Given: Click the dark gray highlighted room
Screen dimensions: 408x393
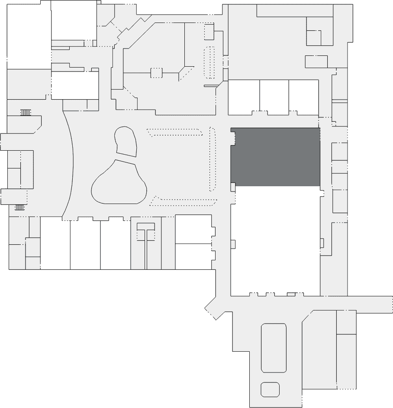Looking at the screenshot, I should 275,157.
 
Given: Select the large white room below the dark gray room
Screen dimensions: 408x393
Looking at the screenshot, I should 275,240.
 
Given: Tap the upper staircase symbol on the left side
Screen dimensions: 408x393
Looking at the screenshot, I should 26,113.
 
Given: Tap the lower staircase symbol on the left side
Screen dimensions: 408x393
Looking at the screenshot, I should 20,207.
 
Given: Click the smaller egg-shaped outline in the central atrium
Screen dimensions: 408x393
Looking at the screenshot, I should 126,141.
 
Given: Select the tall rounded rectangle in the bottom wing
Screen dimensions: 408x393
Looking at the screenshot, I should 274,348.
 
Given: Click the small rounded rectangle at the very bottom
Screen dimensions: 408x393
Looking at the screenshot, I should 270,389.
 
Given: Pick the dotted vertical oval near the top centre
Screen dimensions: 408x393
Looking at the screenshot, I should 209,62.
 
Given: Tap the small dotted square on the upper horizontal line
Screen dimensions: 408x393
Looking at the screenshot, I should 156,73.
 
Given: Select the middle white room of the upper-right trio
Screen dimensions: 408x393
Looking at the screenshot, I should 274,97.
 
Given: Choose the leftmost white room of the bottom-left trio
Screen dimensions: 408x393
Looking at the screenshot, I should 55,243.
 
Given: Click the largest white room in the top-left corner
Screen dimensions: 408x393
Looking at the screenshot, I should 29,35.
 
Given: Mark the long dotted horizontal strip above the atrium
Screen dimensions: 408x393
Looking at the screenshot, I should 175,132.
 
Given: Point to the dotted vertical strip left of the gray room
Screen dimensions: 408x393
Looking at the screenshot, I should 213,159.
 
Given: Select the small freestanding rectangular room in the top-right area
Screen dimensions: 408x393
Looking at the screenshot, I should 316,62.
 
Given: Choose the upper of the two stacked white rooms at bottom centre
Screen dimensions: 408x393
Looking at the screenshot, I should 193,230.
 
